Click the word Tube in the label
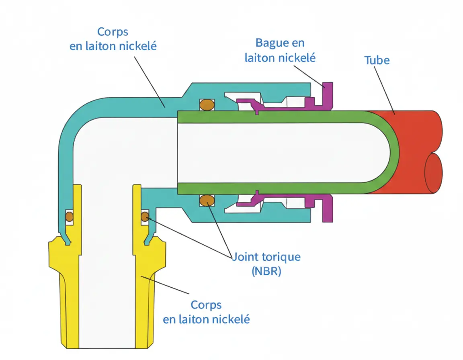377,60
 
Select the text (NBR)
266,271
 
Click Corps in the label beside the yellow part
206,305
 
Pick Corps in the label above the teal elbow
113,32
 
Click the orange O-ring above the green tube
207,104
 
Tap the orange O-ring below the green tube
207,200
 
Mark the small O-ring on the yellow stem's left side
69,217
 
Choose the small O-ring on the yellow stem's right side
145,217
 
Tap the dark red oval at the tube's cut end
434,173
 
